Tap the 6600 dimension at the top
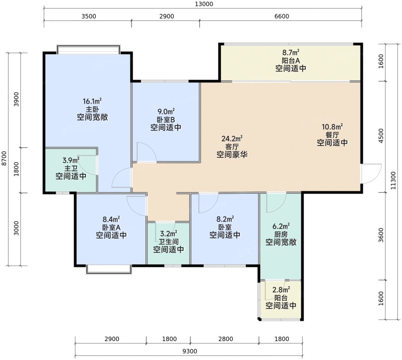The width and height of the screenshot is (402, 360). [x=282, y=16]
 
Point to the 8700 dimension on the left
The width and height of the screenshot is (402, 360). [x=4, y=158]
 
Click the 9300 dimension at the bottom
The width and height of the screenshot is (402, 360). [x=190, y=351]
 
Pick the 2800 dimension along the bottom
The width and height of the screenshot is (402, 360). [x=226, y=339]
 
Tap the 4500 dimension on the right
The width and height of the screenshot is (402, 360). [x=381, y=136]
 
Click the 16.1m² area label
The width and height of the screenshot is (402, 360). [x=92, y=101]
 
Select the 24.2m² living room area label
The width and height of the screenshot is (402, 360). [x=232, y=139]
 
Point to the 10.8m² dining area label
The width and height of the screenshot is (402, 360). [x=332, y=127]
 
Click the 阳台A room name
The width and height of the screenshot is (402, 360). [x=291, y=60]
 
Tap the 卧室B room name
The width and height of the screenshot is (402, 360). [x=166, y=119]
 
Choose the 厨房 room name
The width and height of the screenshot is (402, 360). [x=281, y=234]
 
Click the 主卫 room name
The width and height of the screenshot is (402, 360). [x=71, y=169]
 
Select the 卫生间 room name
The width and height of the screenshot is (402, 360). [x=168, y=242]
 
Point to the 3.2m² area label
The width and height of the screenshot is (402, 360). [x=168, y=234]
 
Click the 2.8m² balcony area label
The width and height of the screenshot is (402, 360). [x=281, y=290]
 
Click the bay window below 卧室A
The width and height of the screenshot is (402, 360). [x=109, y=269]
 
